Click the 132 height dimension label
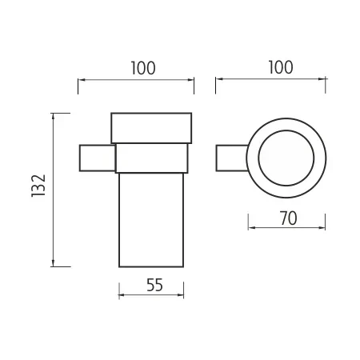(x=38, y=186)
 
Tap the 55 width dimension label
(x=154, y=285)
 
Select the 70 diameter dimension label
(x=288, y=218)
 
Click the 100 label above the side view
(x=143, y=68)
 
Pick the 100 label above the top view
(x=281, y=67)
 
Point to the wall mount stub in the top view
(x=231, y=158)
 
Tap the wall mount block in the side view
(x=98, y=158)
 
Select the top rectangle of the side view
(x=151, y=128)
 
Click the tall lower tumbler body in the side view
(x=151, y=220)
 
